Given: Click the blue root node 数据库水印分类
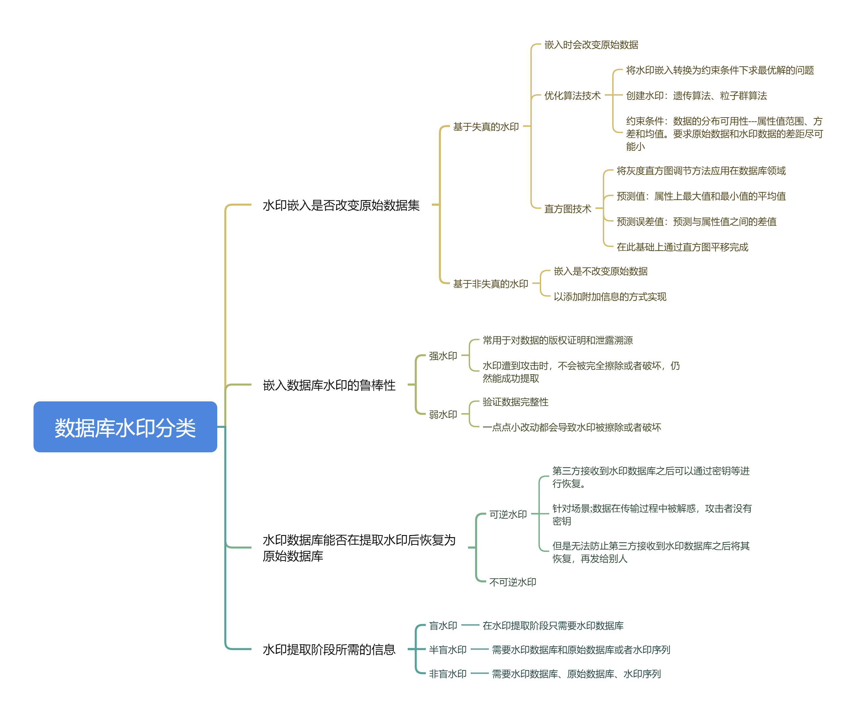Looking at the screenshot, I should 125,427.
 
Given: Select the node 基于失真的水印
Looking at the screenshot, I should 486,127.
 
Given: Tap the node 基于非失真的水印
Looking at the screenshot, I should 491,283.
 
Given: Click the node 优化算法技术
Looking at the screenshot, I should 572,95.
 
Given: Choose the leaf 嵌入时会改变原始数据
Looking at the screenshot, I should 591,45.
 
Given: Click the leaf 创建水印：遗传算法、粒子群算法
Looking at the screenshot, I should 696,95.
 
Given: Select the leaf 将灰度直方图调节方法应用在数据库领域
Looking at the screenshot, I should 701,171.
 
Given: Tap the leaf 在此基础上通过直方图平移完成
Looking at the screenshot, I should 682,247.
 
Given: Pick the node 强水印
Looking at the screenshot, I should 443,355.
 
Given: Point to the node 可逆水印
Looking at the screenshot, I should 508,514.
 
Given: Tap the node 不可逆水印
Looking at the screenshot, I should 513,582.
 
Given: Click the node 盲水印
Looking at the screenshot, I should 443,626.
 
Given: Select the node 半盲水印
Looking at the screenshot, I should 448,649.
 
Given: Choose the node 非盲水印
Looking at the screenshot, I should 448,673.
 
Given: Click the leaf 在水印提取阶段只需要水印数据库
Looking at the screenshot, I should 553,626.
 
